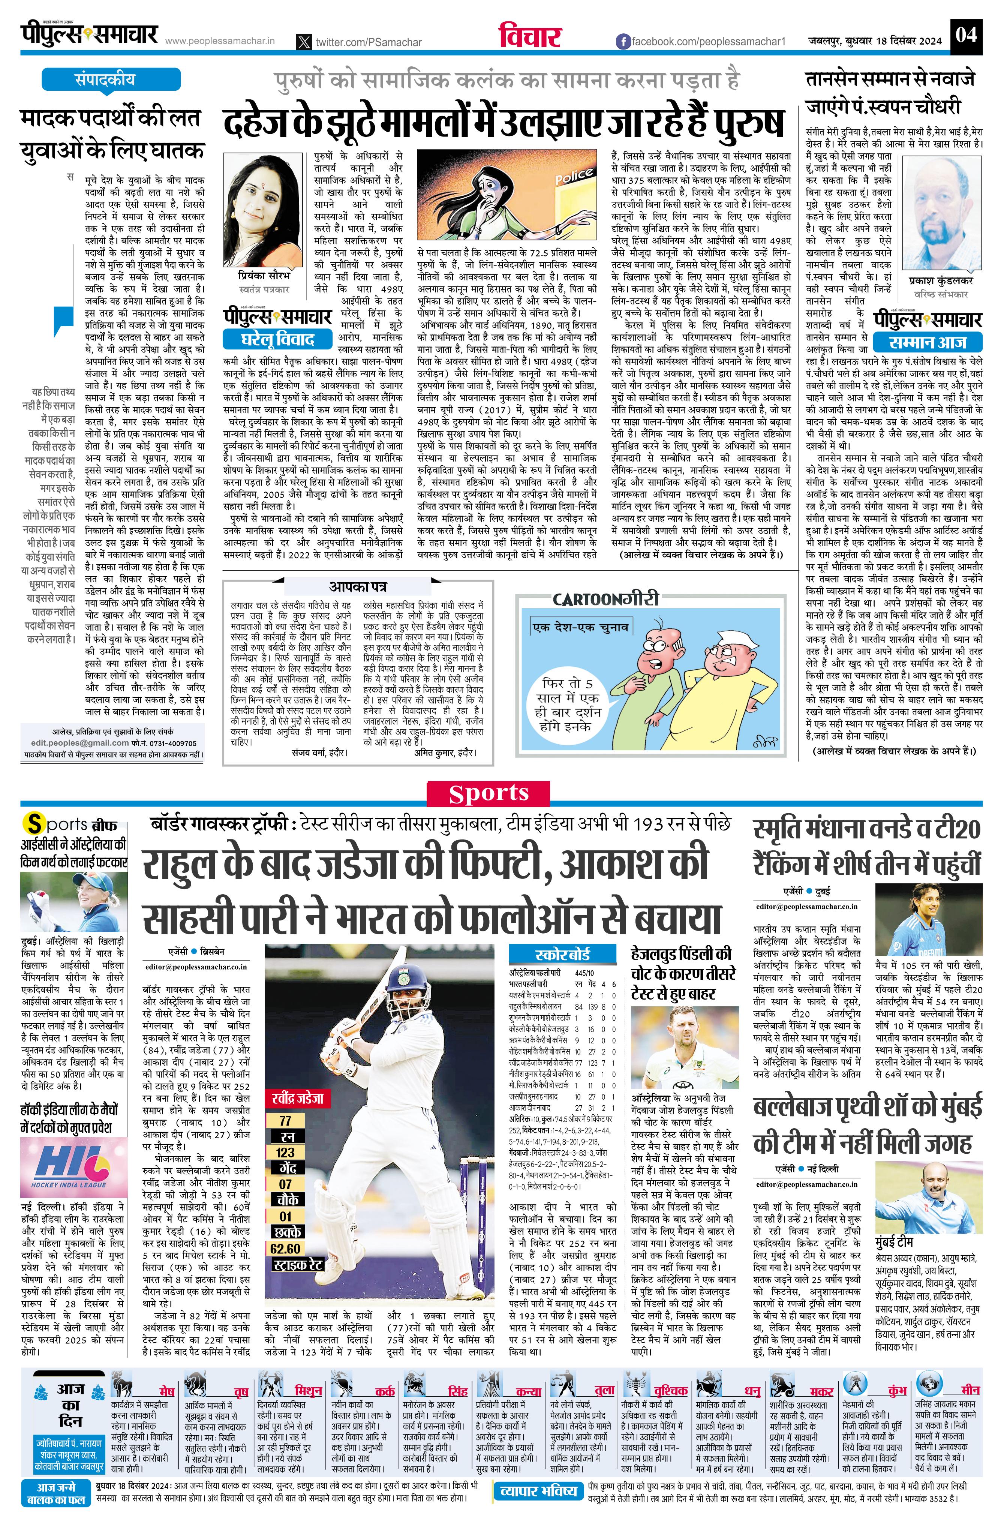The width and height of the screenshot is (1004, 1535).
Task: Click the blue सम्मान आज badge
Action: click(927, 342)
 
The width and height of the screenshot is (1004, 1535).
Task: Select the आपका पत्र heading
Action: click(358, 586)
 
